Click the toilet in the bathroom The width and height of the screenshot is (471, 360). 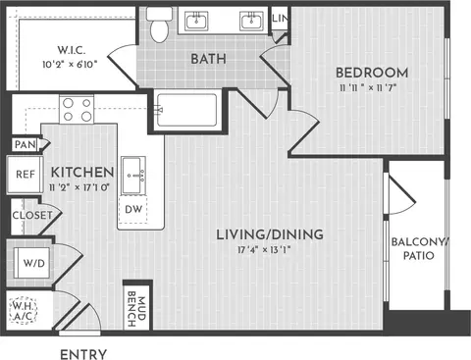tap(159, 25)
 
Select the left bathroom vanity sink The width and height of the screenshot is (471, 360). tap(196, 21)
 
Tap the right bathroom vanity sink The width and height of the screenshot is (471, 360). tap(251, 21)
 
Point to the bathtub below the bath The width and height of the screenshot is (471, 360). tap(186, 110)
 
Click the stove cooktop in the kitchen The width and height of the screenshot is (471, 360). tap(77, 109)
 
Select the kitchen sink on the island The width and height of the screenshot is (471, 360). tap(133, 176)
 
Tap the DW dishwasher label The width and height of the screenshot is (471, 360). tap(133, 209)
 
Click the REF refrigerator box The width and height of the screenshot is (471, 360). tap(25, 175)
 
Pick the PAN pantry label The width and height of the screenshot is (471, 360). tap(25, 144)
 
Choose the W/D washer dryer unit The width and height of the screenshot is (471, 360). tap(32, 263)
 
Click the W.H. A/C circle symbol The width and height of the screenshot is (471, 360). tap(23, 311)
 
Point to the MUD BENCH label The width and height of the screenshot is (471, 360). tap(136, 309)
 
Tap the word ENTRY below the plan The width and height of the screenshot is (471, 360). tap(83, 354)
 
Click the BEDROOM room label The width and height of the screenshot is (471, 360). tap(372, 73)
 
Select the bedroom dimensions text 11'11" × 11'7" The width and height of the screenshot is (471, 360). tap(368, 87)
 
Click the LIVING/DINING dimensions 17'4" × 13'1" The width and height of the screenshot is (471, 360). tap(264, 250)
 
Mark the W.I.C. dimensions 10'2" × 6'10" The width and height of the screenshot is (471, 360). tap(70, 64)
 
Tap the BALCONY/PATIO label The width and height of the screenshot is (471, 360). tap(419, 249)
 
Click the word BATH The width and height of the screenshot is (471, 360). tap(208, 59)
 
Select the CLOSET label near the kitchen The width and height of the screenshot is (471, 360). tap(32, 215)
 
